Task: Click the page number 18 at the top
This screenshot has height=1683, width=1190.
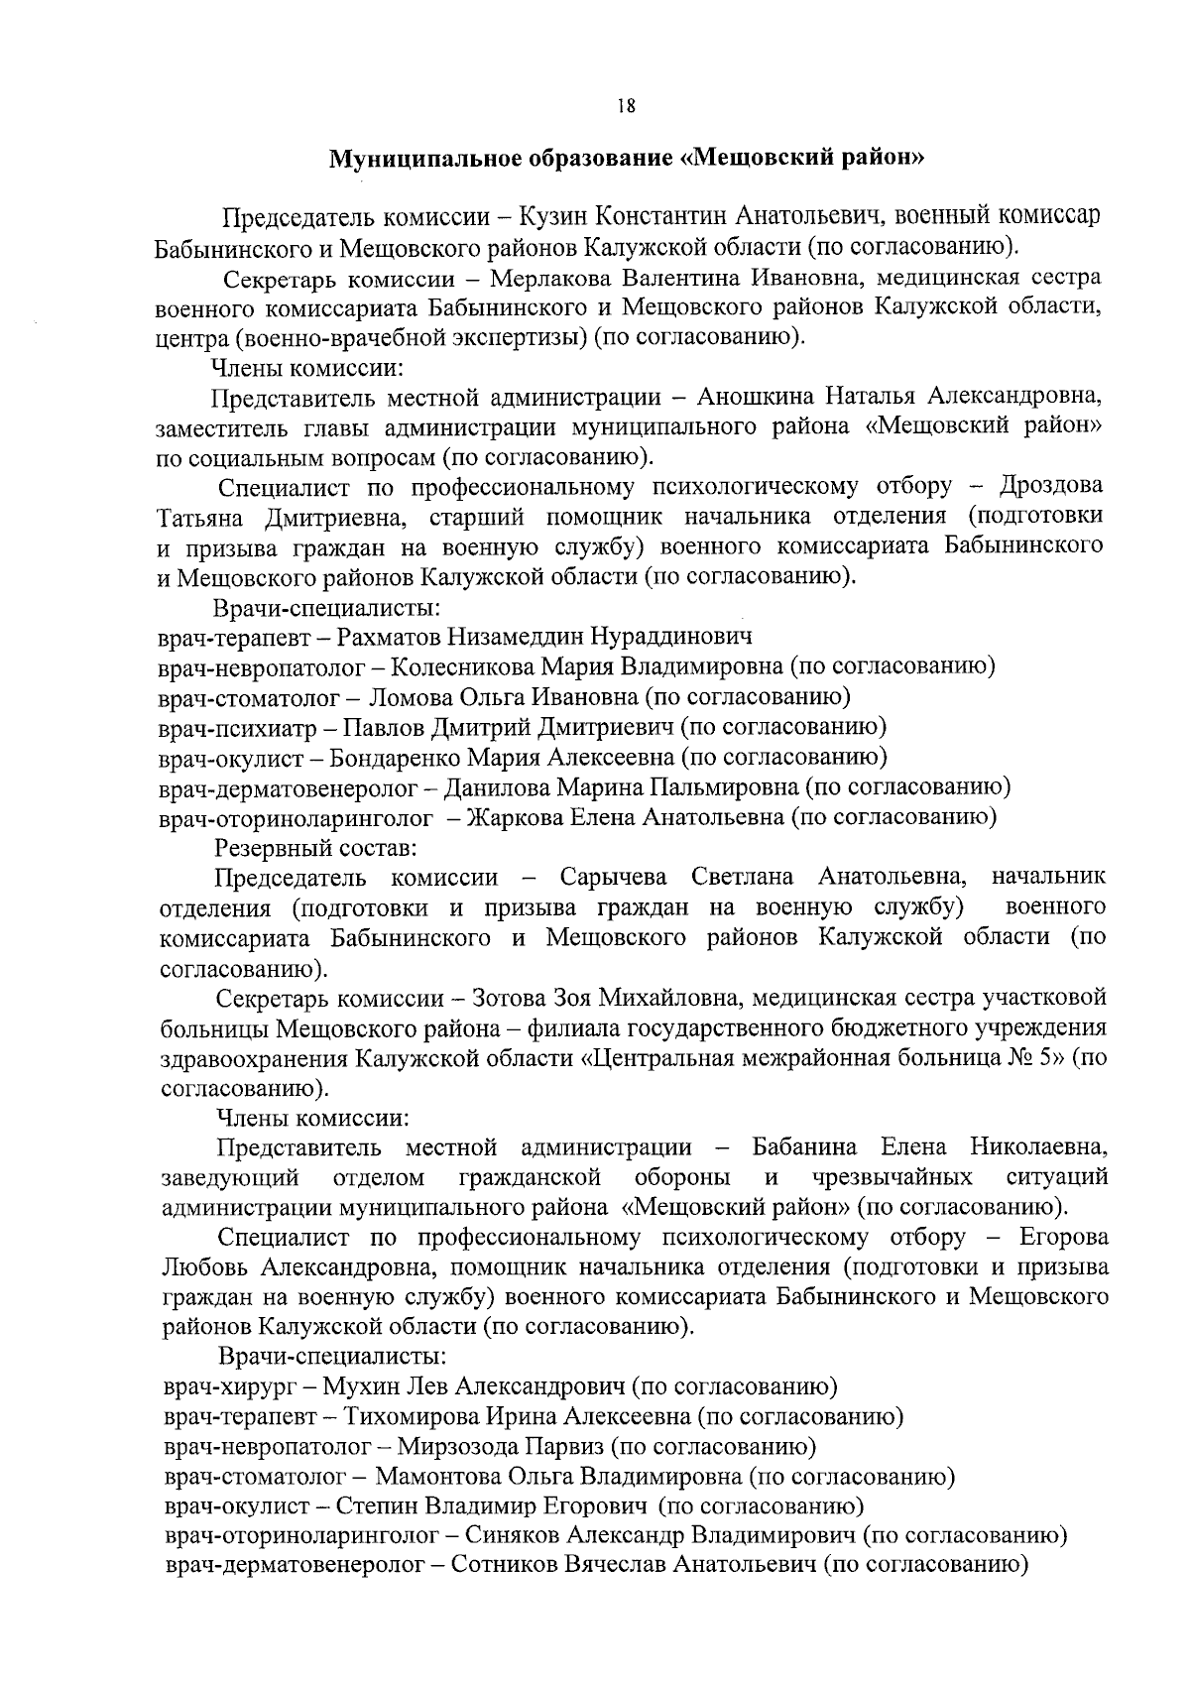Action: pyautogui.click(x=625, y=107)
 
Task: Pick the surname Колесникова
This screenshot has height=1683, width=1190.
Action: pyautogui.click(x=462, y=666)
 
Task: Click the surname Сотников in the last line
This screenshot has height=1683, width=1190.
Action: pyautogui.click(x=504, y=1566)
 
